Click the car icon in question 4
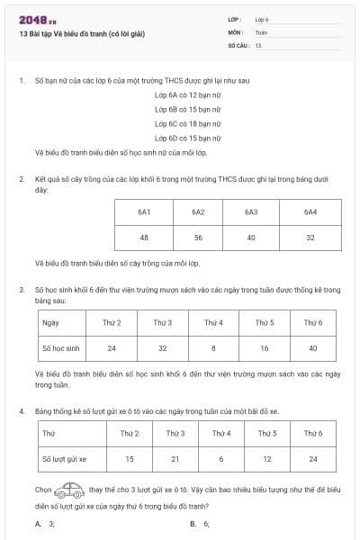pyautogui.click(x=69, y=491)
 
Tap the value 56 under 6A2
pyautogui.click(x=198, y=238)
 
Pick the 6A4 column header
pyautogui.click(x=310, y=212)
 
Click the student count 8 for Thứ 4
pyautogui.click(x=213, y=346)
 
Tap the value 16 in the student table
pyautogui.click(x=265, y=346)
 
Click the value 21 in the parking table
pyautogui.click(x=175, y=459)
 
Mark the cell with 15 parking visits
pyautogui.click(x=130, y=459)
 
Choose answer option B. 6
pyautogui.click(x=200, y=523)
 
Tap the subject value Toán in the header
pyautogui.click(x=262, y=31)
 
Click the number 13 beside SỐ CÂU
pyautogui.click(x=258, y=43)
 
